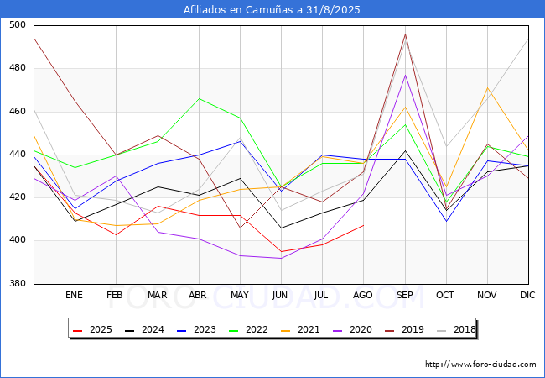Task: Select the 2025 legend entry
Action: pos(93,329)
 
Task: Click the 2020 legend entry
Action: pos(352,329)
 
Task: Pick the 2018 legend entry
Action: pos(456,329)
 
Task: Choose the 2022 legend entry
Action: pos(248,329)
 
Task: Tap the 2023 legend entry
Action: pos(197,329)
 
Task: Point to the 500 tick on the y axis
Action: pos(18,24)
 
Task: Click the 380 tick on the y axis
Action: pos(18,283)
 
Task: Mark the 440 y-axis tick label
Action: pos(18,154)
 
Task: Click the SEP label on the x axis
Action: pos(405,295)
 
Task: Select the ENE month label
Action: pos(74,295)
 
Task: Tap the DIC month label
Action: pos(527,295)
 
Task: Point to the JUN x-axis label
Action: pos(280,295)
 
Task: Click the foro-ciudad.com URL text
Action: pos(480,365)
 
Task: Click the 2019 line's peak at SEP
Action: pos(405,34)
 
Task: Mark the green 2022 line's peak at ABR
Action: pos(199,98)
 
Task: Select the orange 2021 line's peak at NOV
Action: pos(488,87)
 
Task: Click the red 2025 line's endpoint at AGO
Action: pos(364,225)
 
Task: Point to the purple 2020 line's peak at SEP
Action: pos(405,75)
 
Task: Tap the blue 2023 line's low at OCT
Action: pos(446,221)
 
